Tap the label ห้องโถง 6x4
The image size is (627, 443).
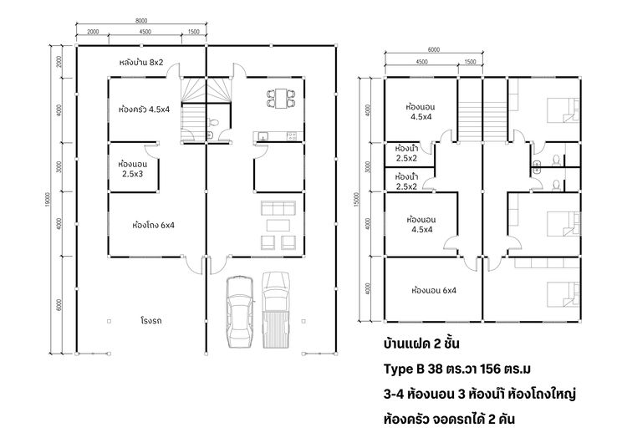[153, 225]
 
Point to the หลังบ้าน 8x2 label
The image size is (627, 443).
[141, 63]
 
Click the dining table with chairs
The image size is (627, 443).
[279, 98]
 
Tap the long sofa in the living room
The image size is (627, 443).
[277, 208]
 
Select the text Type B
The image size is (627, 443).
[401, 369]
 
